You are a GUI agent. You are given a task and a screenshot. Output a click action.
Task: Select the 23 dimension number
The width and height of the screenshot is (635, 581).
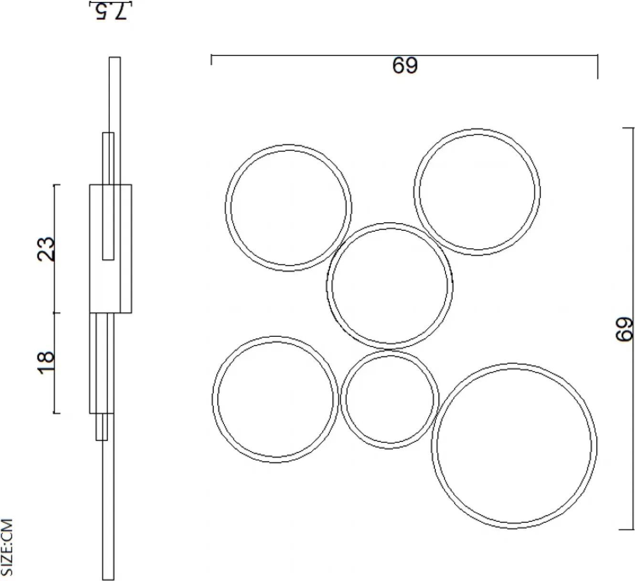(x=46, y=248)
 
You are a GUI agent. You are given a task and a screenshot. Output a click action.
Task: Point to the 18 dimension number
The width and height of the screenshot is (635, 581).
(x=46, y=362)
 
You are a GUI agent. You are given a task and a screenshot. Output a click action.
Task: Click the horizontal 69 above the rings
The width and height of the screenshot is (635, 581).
(x=405, y=65)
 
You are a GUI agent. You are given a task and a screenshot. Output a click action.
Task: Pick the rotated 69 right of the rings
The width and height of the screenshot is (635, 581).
(x=624, y=330)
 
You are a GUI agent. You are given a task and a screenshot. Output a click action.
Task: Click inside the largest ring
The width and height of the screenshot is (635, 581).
(x=514, y=446)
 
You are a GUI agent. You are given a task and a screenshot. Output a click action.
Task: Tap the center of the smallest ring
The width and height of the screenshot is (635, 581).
(x=390, y=399)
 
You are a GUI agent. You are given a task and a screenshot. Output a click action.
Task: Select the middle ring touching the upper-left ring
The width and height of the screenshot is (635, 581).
(x=390, y=285)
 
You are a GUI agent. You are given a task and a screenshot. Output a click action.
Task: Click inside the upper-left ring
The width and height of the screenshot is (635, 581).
(x=288, y=208)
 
